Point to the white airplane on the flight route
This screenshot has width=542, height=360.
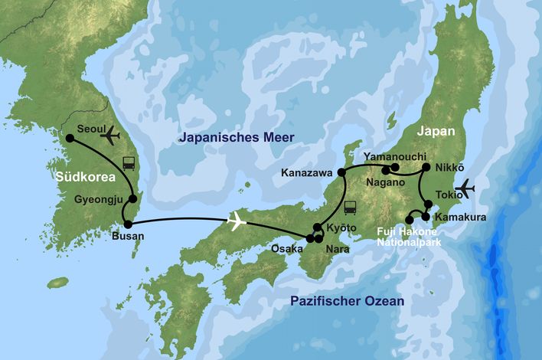pos(237,222)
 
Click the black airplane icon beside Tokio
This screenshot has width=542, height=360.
pos(465,188)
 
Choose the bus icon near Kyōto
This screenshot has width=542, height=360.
pos(351,207)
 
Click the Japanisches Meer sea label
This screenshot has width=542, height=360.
pos(236,138)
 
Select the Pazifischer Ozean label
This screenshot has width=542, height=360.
pos(347,302)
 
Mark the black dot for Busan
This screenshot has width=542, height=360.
pos(128,224)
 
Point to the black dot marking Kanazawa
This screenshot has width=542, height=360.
pos(341,172)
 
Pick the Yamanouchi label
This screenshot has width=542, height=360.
pos(395,156)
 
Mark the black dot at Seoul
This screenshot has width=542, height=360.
pos(70,139)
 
